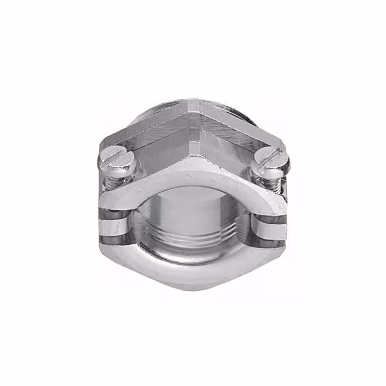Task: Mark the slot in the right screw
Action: (270, 158)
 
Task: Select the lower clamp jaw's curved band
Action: (193, 268)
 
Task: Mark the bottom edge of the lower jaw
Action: (193, 288)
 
